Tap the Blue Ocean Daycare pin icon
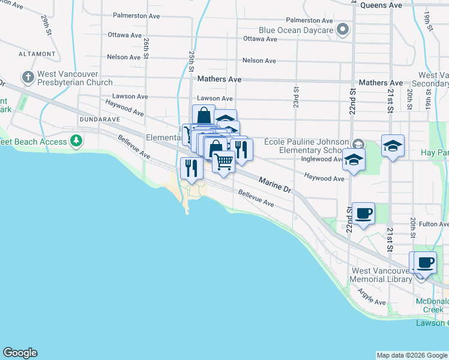pos(343,29)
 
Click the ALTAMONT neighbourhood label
pos(37,53)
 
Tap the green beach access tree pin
pos(76,141)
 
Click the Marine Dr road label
pos(275,184)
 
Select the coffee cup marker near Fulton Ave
pos(363,214)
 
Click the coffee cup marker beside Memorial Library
pos(426,263)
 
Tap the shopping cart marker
pos(223,161)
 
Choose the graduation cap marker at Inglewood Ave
pos(354,160)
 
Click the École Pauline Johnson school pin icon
pos(358,143)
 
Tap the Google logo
pos(20,353)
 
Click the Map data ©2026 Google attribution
pos(412,355)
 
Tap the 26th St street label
pos(146,49)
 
